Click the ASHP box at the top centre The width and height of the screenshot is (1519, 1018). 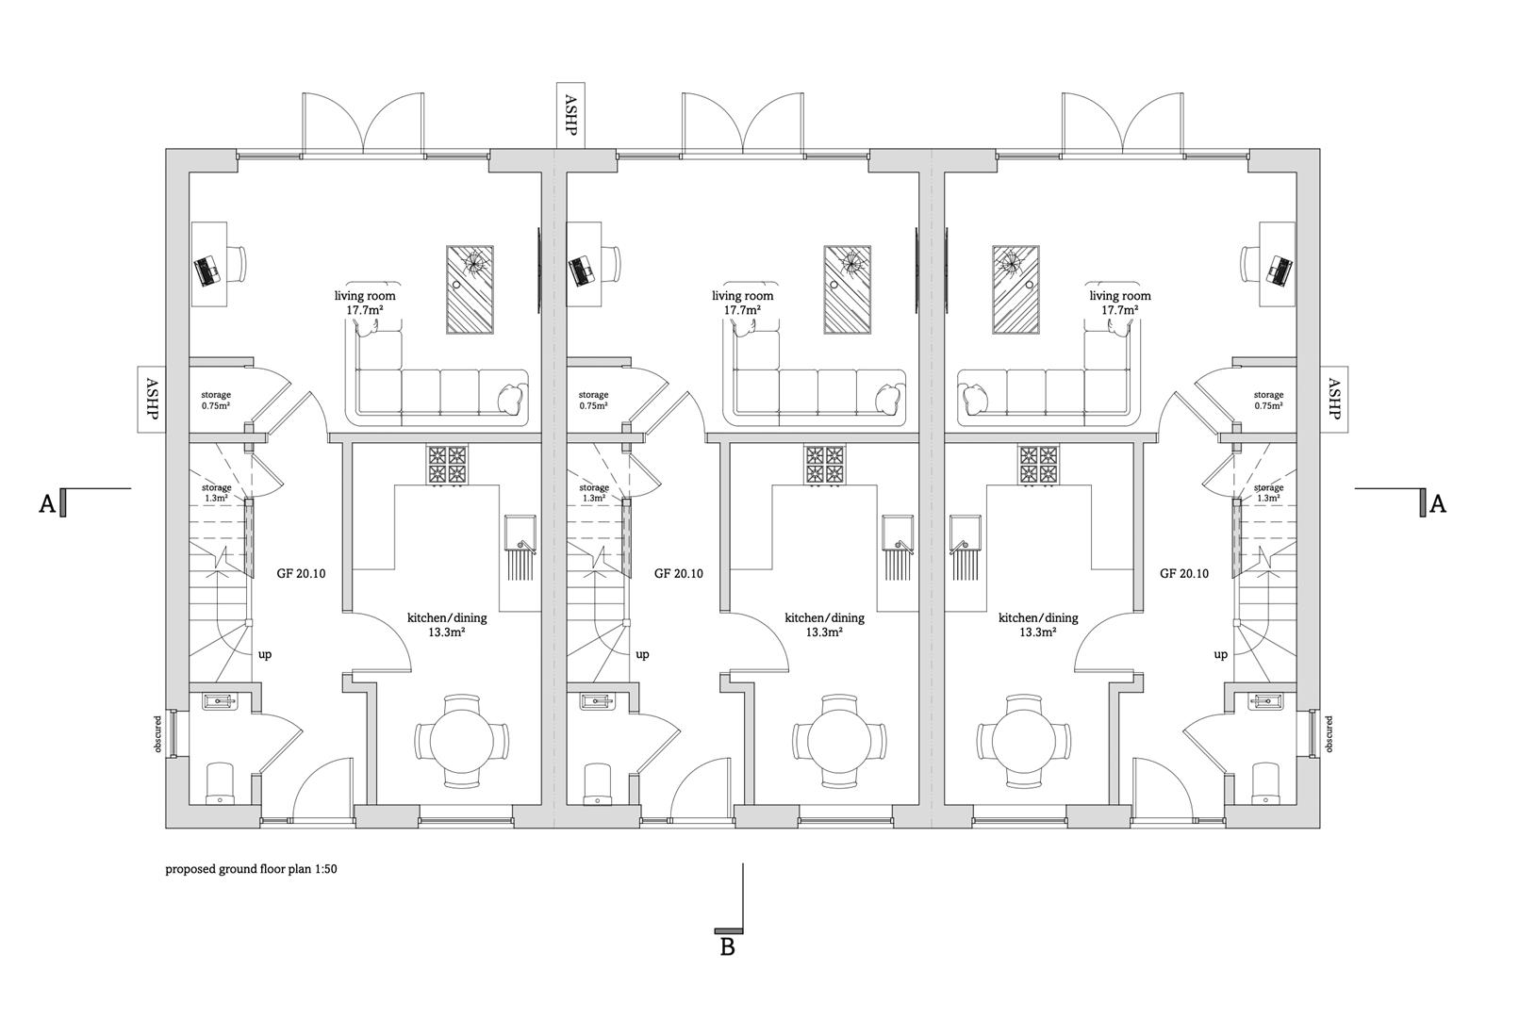pyautogui.click(x=570, y=115)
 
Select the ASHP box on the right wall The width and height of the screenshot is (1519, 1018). pyautogui.click(x=1333, y=400)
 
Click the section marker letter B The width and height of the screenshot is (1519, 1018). pyautogui.click(x=727, y=947)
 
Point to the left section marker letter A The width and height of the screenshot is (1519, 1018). pyautogui.click(x=47, y=505)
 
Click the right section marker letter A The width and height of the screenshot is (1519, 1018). pyautogui.click(x=1438, y=504)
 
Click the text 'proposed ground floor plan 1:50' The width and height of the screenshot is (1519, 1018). pyautogui.click(x=251, y=869)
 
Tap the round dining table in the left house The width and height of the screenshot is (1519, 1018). pyautogui.click(x=461, y=742)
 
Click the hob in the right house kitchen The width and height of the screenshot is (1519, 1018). pyautogui.click(x=1038, y=465)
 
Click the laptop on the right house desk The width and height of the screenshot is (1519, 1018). pyautogui.click(x=1280, y=271)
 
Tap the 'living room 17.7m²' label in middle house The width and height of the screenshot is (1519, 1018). pyautogui.click(x=742, y=303)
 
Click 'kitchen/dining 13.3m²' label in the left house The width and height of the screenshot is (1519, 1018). pyautogui.click(x=447, y=625)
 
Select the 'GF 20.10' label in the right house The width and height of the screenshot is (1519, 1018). pyautogui.click(x=1183, y=573)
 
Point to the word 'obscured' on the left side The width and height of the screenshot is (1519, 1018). pyautogui.click(x=158, y=733)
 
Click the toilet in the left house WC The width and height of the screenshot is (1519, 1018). pyautogui.click(x=221, y=783)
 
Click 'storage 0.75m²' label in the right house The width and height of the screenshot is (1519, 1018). pyautogui.click(x=1268, y=401)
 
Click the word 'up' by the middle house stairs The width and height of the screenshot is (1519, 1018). pyautogui.click(x=642, y=654)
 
